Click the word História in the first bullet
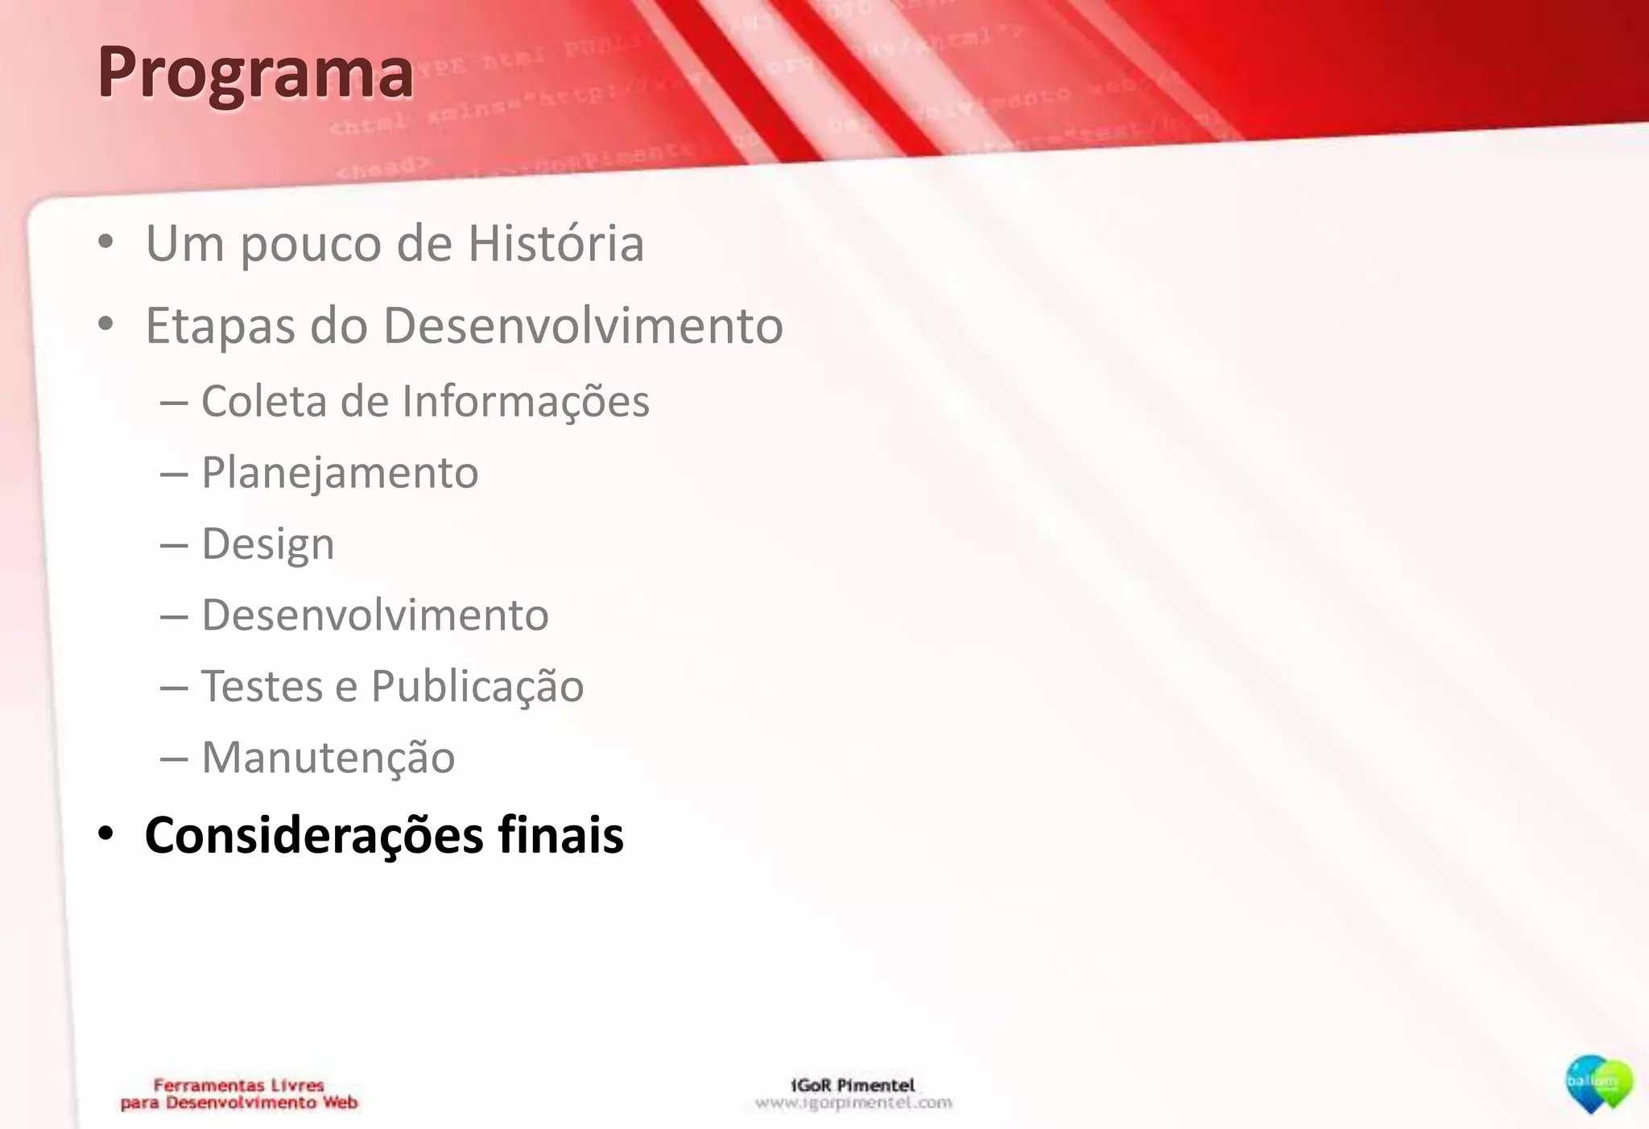[x=556, y=243]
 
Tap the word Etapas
[x=220, y=327]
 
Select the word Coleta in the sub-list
[x=264, y=401]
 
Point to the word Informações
[x=525, y=401]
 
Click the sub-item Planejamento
[x=339, y=473]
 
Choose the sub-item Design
[x=267, y=544]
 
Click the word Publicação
[x=477, y=687]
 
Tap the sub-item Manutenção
[x=328, y=758]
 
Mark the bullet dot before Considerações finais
[x=105, y=834]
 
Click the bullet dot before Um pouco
[x=105, y=242]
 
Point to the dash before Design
[x=174, y=544]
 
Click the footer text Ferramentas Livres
[x=238, y=1086]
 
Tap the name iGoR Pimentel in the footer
[x=853, y=1086]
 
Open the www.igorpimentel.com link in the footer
[x=853, y=1103]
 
